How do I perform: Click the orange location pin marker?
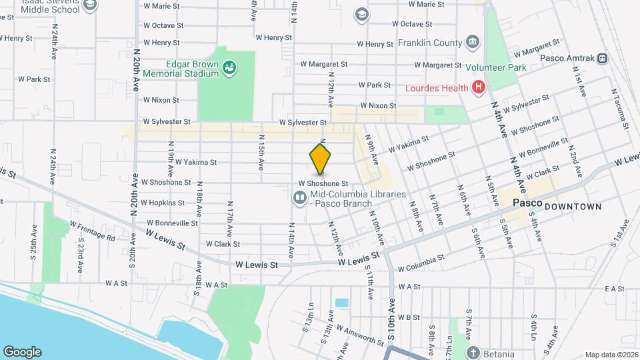tap(320, 159)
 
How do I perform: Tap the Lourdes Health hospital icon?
tap(477, 87)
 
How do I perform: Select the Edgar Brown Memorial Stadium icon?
tap(229, 67)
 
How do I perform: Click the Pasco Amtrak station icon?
tap(602, 59)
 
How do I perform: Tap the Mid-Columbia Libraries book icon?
tap(299, 198)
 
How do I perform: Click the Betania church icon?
tap(473, 353)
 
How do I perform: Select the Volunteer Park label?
tap(496, 67)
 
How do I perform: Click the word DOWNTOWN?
tap(573, 207)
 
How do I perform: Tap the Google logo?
tap(22, 351)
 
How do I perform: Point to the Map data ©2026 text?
tap(611, 355)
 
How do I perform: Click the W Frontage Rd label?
tap(92, 231)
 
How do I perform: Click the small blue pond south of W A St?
tap(342, 303)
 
